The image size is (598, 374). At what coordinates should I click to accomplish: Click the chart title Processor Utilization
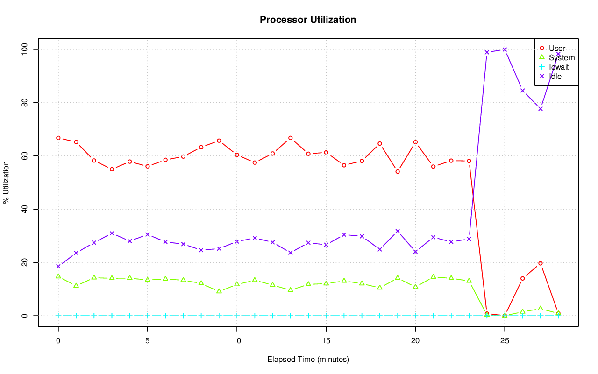coord(308,20)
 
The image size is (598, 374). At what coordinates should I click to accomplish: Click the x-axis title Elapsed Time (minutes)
coord(308,360)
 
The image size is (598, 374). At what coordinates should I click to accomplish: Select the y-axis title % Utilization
coord(6,182)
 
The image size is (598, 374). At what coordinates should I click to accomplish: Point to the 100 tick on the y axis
coord(24,49)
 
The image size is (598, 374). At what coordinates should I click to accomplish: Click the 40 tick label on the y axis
coord(24,209)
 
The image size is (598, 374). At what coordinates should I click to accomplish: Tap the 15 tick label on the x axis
coord(326,341)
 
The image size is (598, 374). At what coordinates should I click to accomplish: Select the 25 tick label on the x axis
coord(505,341)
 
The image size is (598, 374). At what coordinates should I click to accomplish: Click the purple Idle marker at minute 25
coord(505,49)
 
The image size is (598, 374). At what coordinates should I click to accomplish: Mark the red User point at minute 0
coord(58,138)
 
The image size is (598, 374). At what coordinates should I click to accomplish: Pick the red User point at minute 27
coord(541,263)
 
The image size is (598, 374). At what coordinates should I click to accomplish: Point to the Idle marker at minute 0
coord(58,267)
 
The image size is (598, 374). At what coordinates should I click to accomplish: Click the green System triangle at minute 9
coord(219,291)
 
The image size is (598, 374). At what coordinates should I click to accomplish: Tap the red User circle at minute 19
coord(398,171)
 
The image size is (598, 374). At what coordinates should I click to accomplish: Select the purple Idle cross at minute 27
coord(541,109)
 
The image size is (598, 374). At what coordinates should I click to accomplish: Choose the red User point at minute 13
coord(291,138)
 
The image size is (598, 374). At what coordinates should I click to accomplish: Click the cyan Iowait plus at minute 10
coord(237,316)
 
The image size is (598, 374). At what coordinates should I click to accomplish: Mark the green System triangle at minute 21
coord(434,276)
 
